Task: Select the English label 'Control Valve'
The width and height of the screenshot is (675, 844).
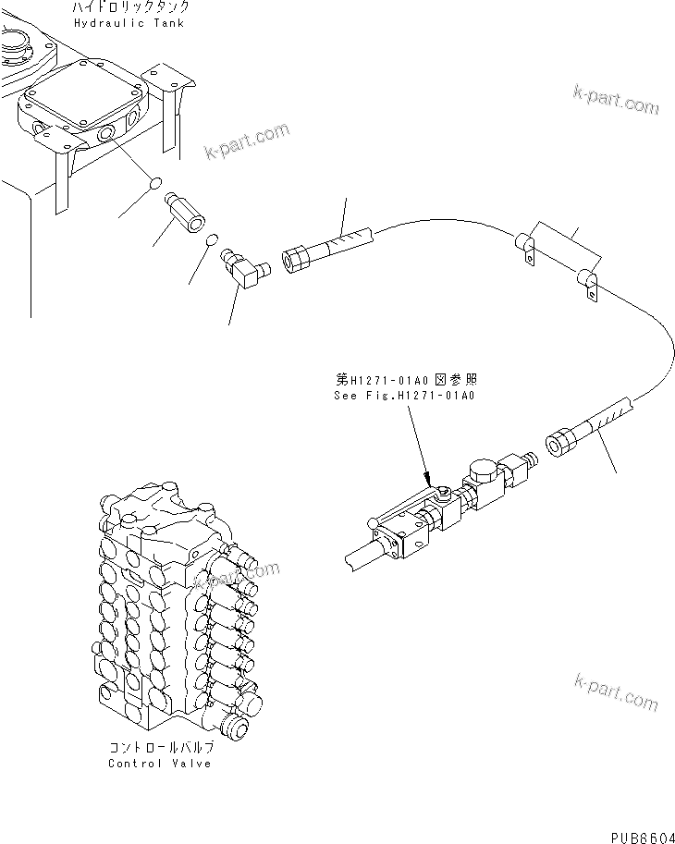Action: pyautogui.click(x=159, y=763)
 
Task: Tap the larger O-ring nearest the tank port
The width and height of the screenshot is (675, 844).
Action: pyautogui.click(x=156, y=181)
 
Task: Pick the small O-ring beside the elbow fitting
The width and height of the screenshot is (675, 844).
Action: pyautogui.click(x=211, y=240)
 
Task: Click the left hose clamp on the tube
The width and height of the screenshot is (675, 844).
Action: pyautogui.click(x=525, y=246)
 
